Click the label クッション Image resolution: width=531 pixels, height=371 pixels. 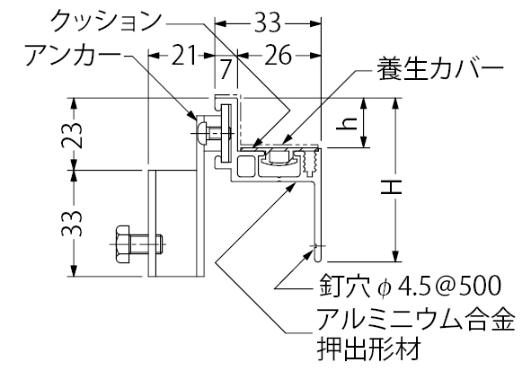pos(106,22)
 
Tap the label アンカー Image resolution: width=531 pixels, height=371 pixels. pos(73,56)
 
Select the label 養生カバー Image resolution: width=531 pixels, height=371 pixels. pos(440,69)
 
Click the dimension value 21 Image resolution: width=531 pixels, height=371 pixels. pos(184,55)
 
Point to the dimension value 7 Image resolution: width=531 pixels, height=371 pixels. pos(226,70)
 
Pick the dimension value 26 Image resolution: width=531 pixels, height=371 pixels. pos(278,55)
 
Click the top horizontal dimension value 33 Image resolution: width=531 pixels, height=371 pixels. pos(268,22)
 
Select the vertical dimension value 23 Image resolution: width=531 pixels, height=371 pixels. pos(72,135)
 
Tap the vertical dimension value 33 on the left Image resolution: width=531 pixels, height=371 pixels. pos(72,224)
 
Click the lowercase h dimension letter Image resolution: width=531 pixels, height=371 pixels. pos(346,124)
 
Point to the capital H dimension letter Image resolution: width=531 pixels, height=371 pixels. pos(391,187)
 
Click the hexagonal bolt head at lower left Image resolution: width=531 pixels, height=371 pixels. pos(122,243)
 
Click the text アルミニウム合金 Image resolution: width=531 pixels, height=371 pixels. pos(416,319)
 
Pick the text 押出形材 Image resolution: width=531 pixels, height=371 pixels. pos(369,348)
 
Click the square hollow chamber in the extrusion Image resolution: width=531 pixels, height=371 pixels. pos(246,165)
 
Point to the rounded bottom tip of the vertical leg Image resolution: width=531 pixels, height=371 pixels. pos(317,260)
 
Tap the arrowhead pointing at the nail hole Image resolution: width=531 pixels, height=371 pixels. pos(309,252)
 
